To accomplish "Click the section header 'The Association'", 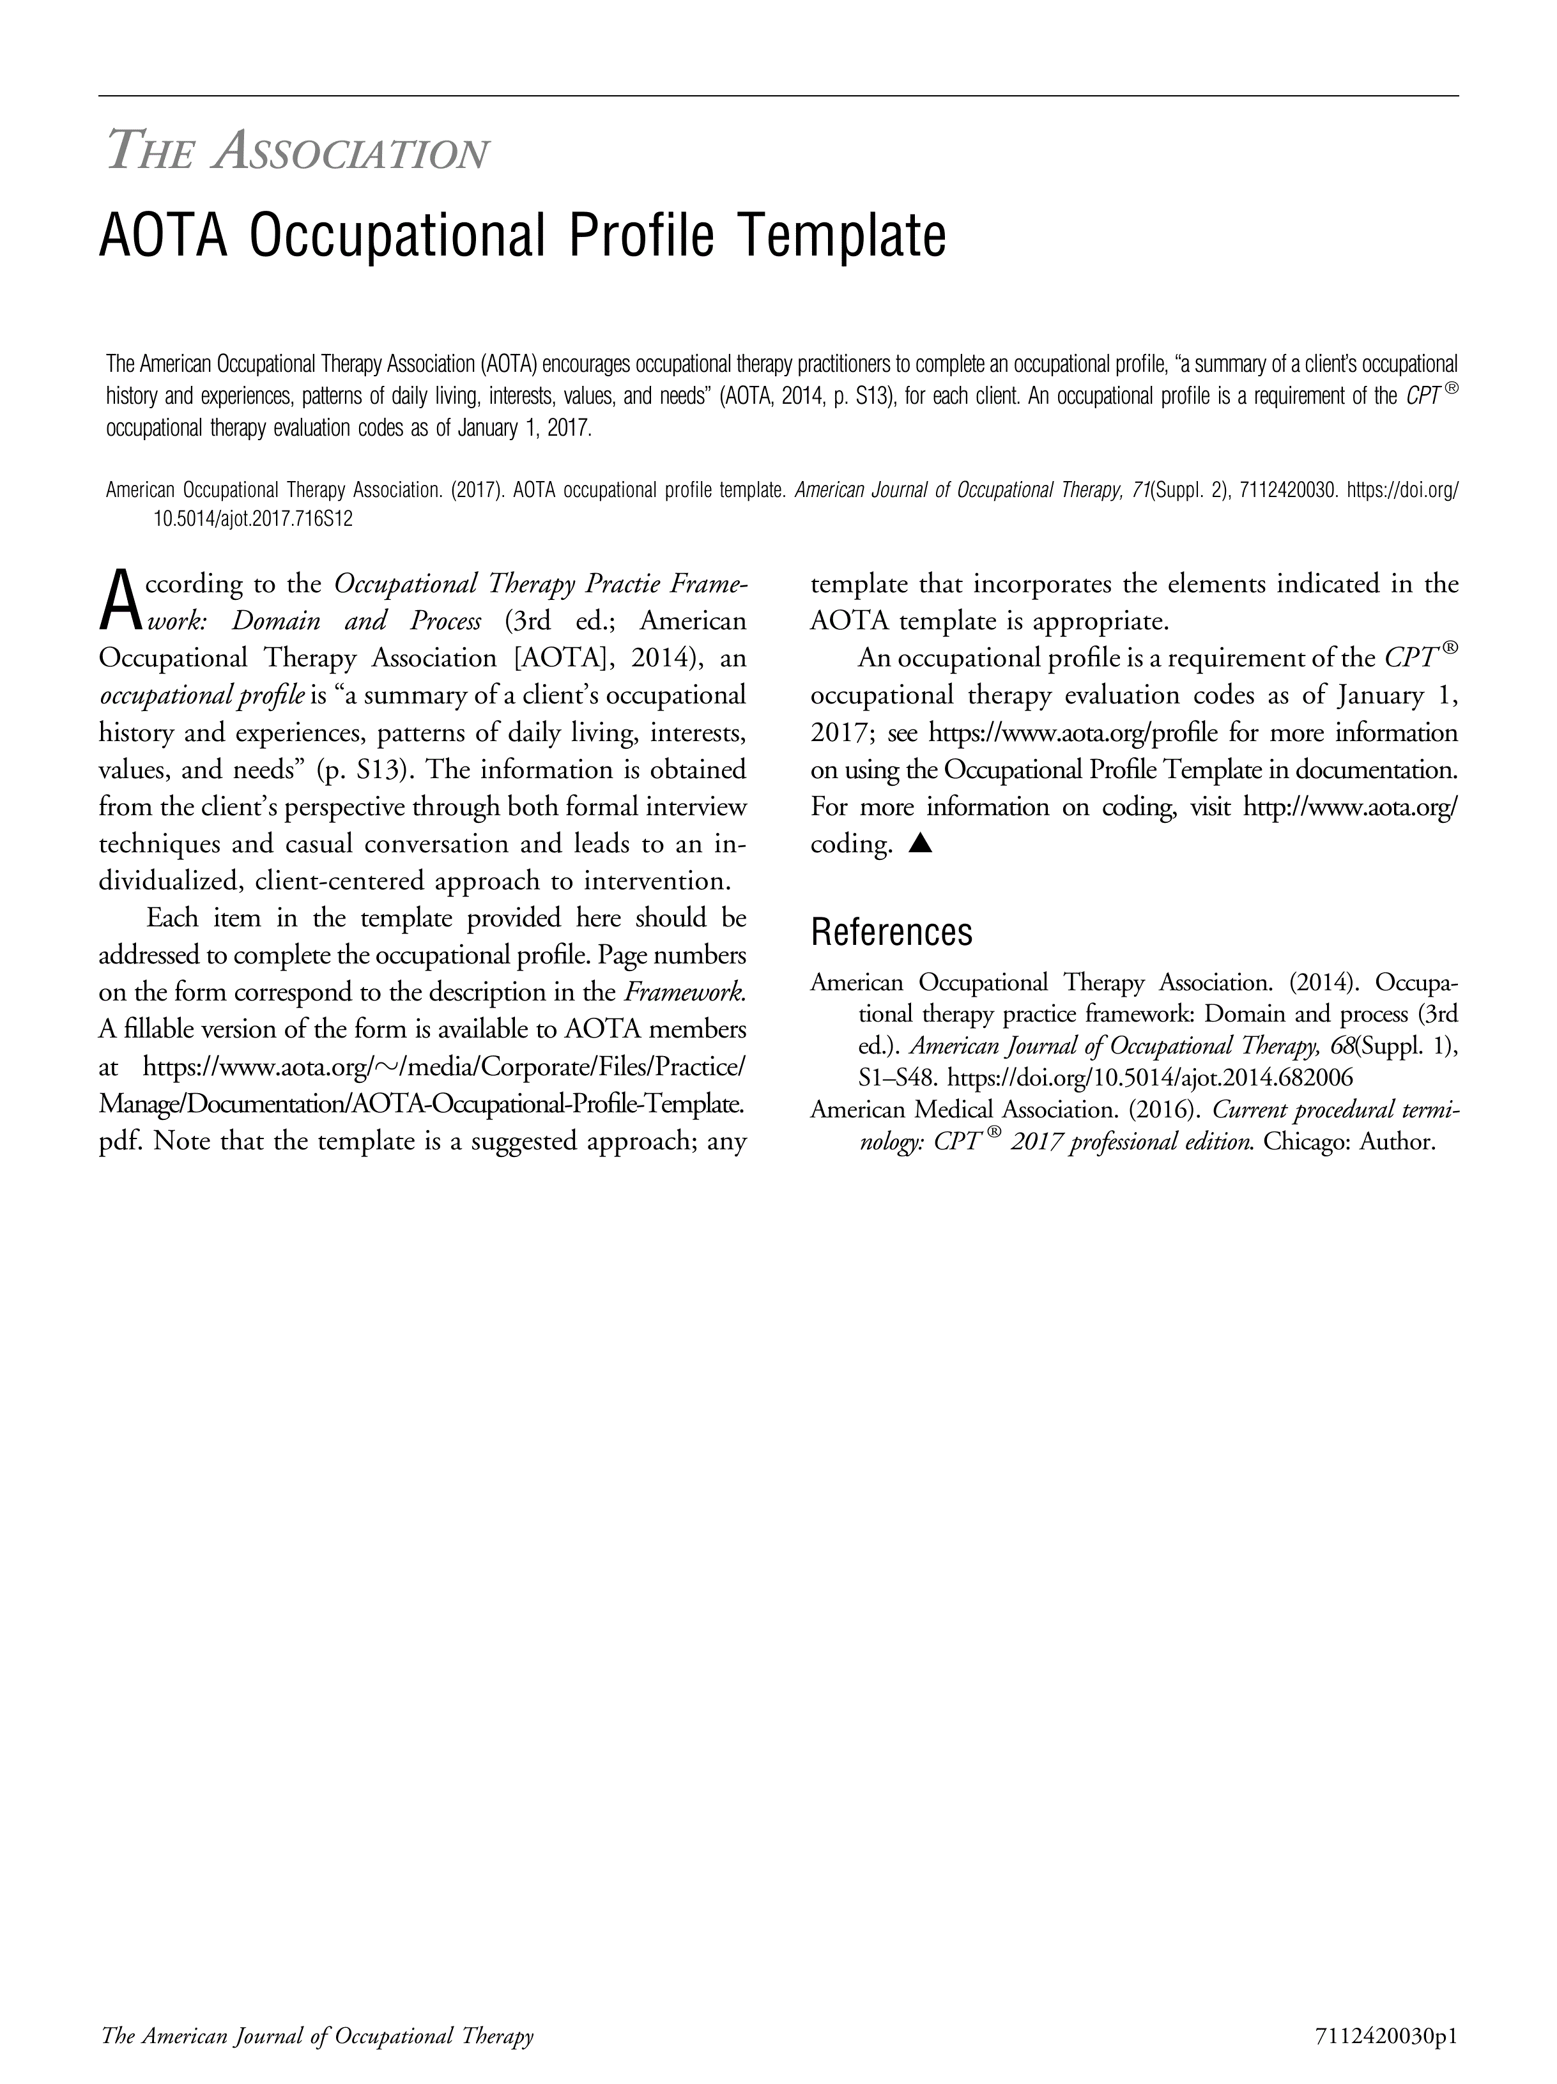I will pos(298,151).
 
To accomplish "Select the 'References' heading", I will pos(891,931).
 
